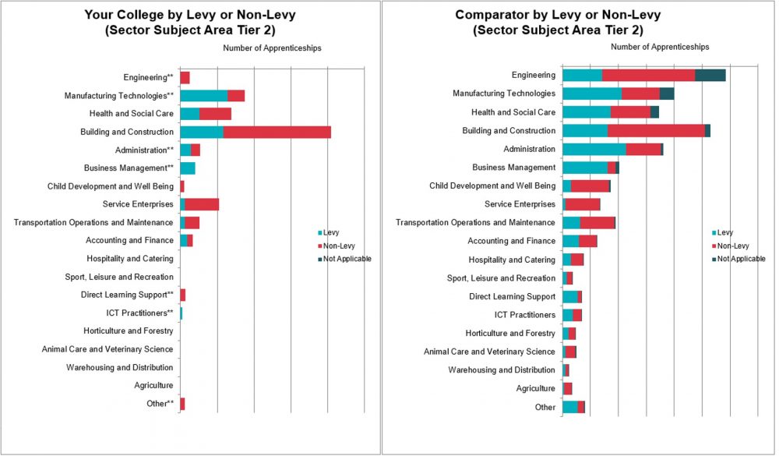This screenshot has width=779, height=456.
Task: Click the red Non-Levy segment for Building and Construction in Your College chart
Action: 277,132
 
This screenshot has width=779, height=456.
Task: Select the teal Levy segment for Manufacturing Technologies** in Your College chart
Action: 203,96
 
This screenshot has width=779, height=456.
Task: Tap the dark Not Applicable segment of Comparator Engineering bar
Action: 710,76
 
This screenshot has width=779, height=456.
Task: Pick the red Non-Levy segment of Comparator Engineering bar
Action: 648,76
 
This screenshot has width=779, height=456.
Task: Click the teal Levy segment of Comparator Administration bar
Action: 594,149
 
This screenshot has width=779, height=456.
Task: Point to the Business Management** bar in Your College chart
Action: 188,168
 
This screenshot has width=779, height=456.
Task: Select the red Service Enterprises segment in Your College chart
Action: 202,204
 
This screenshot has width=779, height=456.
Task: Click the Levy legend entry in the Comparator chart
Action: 724,232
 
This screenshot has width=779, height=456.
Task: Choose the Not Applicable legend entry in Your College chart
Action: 347,259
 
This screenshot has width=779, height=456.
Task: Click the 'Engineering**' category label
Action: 148,77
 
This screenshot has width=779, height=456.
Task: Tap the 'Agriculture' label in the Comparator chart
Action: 536,388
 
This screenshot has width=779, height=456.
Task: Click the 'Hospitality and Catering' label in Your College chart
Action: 129,259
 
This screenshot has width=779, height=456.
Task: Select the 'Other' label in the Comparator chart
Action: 545,407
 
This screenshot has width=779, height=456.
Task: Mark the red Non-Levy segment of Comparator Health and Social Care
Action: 630,112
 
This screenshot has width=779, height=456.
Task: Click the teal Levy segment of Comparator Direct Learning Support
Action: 569,297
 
